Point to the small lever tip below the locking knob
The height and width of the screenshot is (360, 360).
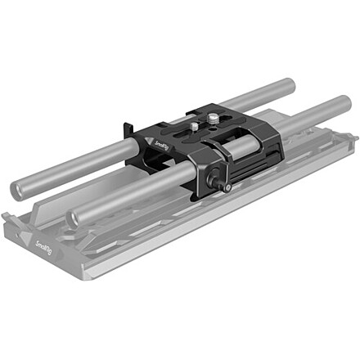pos(227,190)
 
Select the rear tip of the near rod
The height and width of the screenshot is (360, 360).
pos(344,105)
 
